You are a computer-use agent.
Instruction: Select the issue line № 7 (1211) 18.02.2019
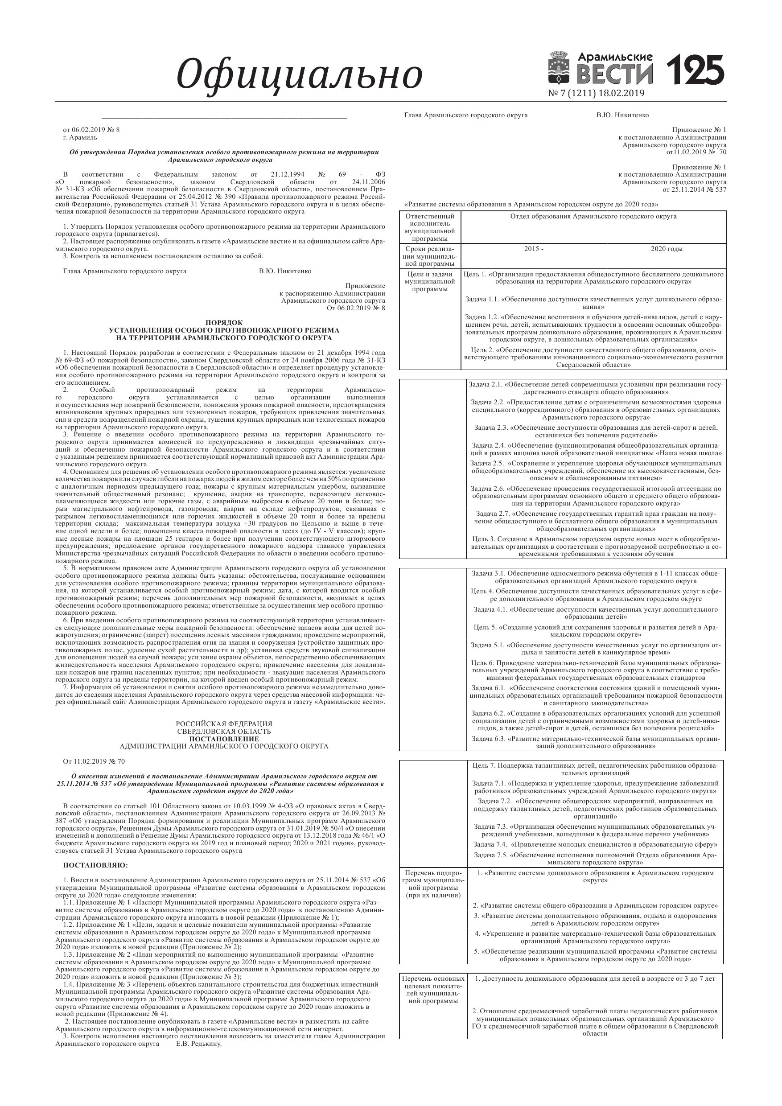pyautogui.click(x=596, y=94)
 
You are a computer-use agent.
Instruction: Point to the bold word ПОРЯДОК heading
pyautogui.click(x=224, y=322)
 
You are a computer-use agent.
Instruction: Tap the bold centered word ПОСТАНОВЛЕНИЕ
pyautogui.click(x=224, y=739)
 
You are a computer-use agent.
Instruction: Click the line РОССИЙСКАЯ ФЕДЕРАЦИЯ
pyautogui.click(x=224, y=724)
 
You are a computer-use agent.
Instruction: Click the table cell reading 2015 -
pyautogui.click(x=533, y=249)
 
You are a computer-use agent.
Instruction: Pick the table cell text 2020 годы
pyautogui.click(x=667, y=249)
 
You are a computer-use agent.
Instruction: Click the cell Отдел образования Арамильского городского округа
pyautogui.click(x=593, y=216)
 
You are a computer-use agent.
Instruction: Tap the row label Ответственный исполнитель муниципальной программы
pyautogui.click(x=430, y=227)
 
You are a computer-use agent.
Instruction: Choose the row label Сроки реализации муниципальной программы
pyautogui.click(x=430, y=256)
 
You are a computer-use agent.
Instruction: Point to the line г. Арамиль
pyautogui.click(x=80, y=137)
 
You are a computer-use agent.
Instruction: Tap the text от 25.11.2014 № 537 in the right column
pyautogui.click(x=694, y=190)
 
